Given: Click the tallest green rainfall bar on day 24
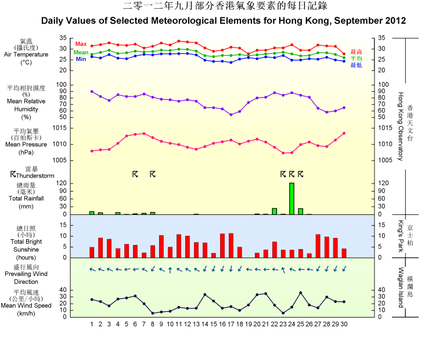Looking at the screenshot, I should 291,199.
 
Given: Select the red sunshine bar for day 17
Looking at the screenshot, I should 231,246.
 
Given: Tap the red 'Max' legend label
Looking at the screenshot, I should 81,45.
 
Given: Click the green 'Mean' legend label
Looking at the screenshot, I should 81,52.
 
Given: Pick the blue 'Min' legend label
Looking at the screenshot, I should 81,59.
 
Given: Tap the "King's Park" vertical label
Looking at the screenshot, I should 401,236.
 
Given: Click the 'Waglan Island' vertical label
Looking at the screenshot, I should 401,287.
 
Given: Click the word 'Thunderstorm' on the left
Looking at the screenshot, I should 35,175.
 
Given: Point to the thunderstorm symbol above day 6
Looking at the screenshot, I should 135,174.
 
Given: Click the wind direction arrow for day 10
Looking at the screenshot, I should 170,269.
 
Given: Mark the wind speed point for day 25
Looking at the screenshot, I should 301,293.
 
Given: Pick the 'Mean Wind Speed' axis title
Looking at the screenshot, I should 27,305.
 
